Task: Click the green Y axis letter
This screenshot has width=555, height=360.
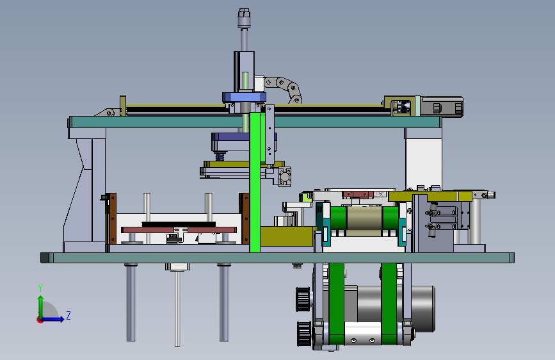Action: coord(40,288)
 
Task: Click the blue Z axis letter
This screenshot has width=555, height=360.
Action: coord(68,315)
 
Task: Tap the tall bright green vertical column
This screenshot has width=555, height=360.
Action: coord(255,183)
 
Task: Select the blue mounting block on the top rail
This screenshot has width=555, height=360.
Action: coord(245,97)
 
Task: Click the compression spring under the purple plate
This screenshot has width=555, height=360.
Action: coord(220,156)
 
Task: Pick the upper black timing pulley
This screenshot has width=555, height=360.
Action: coord(303,299)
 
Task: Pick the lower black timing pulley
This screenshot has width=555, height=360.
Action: coord(305,334)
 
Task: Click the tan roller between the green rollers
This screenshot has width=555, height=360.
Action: coord(365,221)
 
